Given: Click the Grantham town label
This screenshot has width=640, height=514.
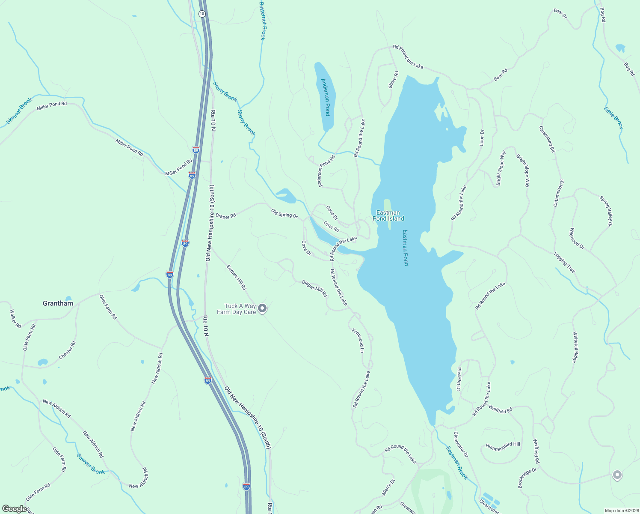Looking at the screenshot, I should tap(58, 303).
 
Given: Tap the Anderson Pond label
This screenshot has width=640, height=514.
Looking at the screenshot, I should tap(326, 97).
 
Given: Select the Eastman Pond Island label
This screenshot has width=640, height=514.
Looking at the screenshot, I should tap(388, 215).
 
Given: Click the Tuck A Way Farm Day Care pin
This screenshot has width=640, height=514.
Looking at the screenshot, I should tap(263, 308).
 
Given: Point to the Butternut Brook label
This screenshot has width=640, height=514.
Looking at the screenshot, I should tap(263, 21).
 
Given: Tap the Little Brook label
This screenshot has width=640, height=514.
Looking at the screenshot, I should tap(614, 118).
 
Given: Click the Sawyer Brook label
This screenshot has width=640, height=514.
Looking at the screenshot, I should tap(91, 464).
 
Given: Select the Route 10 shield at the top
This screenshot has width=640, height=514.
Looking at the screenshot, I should tap(202, 14).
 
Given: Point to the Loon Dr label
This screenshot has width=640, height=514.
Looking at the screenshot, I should tap(482, 137).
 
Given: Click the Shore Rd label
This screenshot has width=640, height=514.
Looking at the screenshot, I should tap(393, 80).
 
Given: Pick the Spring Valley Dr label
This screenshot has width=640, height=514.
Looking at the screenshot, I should tap(606, 211).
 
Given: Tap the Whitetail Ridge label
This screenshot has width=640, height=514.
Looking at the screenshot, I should tap(576, 347).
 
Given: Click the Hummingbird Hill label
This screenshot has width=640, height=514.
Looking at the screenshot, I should tap(503, 446).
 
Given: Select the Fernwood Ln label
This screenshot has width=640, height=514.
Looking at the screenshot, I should tap(358, 340).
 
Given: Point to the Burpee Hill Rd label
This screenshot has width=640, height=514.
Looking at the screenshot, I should tap(237, 278).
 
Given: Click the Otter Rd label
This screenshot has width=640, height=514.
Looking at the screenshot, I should tap(332, 226).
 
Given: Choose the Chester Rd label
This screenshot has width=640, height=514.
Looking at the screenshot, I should tap(68, 350).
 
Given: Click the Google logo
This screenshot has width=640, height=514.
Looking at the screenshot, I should tap(15, 509).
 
